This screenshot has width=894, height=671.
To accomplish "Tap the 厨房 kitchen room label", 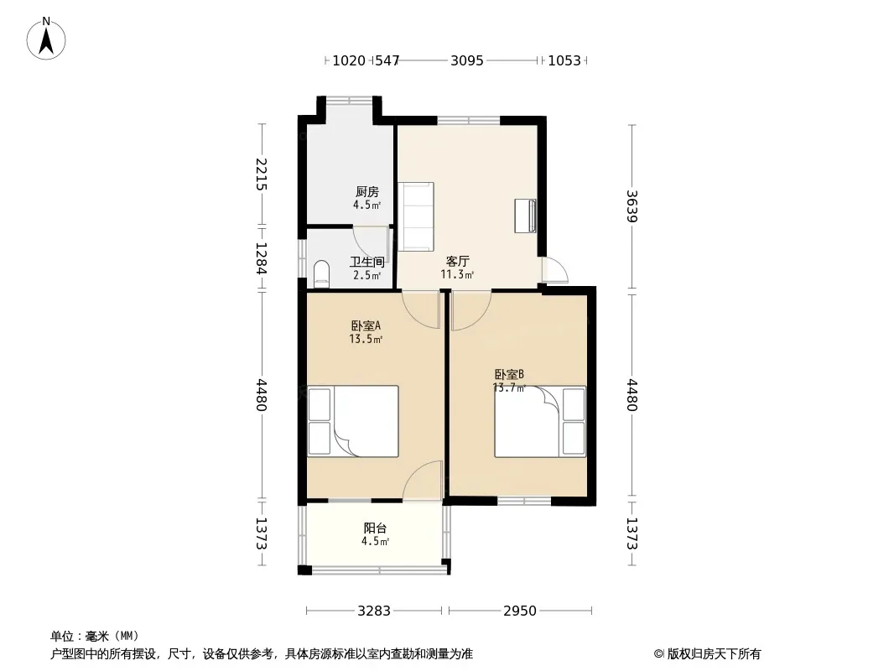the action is tap(366, 192).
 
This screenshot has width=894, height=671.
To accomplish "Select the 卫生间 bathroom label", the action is tap(366, 263).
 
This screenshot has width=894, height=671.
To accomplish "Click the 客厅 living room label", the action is tap(457, 261).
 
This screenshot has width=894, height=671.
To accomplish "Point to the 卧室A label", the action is tap(366, 326).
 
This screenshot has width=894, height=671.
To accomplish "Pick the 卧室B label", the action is tap(509, 375).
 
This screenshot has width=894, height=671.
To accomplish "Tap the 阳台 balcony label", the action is tap(375, 528).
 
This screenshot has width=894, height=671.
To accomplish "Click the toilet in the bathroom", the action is tap(321, 273).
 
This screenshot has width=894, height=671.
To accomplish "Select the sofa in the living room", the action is tap(416, 216).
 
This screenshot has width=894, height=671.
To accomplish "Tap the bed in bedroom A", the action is tap(353, 421).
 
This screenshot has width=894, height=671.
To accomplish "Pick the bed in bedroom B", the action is tap(540, 421).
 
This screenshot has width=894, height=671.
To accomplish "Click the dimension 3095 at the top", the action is tap(467, 60).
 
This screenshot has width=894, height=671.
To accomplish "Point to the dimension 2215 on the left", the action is tap(261, 174).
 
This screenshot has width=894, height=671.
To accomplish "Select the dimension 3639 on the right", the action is tap(632, 205).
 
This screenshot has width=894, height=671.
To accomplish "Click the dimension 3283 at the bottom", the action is tap(374, 611).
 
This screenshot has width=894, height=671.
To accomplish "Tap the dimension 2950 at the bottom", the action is tap(519, 611).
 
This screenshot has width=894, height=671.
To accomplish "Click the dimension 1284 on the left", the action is tap(261, 258).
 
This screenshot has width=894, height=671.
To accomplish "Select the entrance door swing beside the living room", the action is tap(554, 270).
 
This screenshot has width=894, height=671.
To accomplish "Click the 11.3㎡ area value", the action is tap(457, 274).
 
